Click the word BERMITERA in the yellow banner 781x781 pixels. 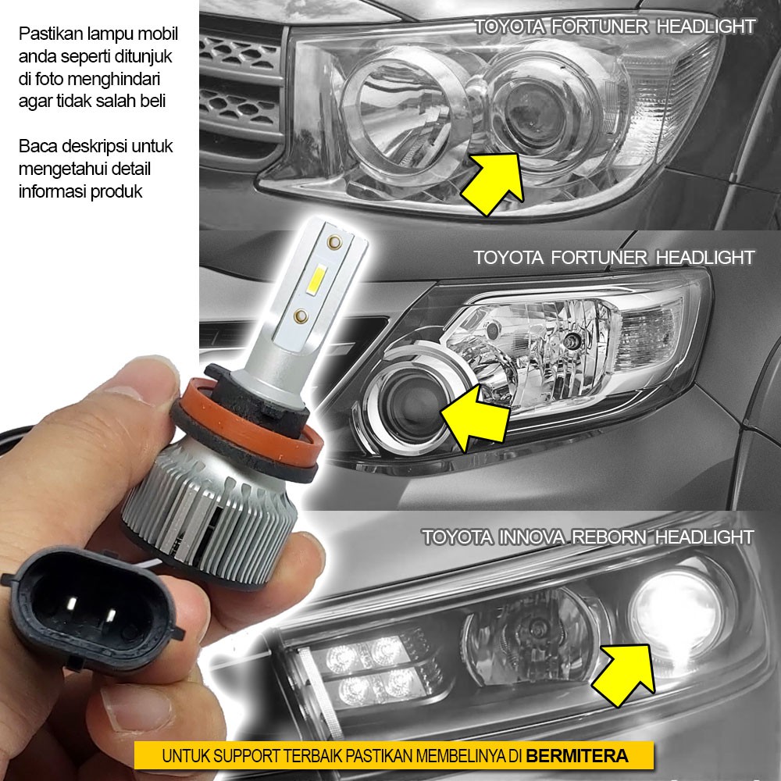coord(577,756)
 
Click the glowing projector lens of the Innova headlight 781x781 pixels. coord(676,613)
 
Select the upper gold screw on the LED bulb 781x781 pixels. coord(334,243)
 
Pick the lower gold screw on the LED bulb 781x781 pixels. coord(301,316)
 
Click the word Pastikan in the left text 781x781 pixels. coord(52,34)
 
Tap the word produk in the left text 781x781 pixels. coord(118,192)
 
